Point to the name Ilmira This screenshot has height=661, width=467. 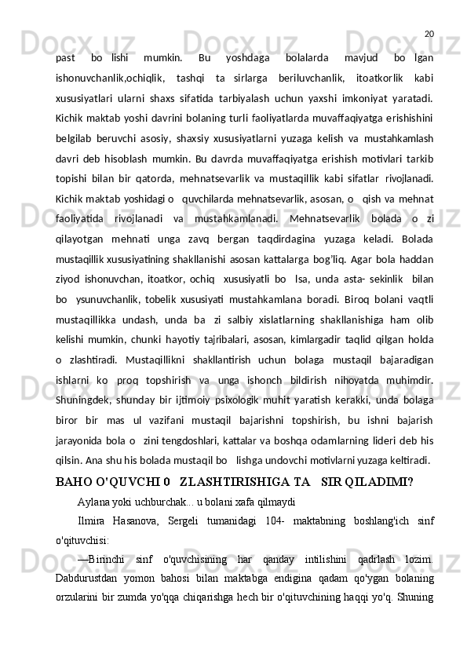pyautogui.click(x=93, y=520)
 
